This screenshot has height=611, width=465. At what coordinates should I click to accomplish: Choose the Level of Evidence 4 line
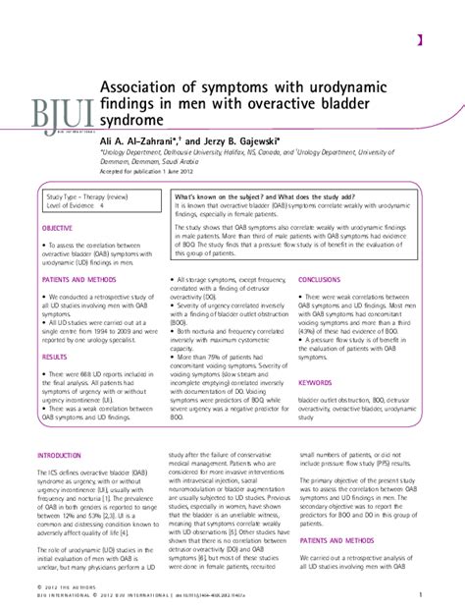[x=75, y=207]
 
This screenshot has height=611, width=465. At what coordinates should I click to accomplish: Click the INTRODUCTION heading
[x=62, y=456]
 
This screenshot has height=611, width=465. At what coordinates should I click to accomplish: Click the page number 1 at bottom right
[x=420, y=594]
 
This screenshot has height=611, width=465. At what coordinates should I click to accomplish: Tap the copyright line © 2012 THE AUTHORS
[x=73, y=586]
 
